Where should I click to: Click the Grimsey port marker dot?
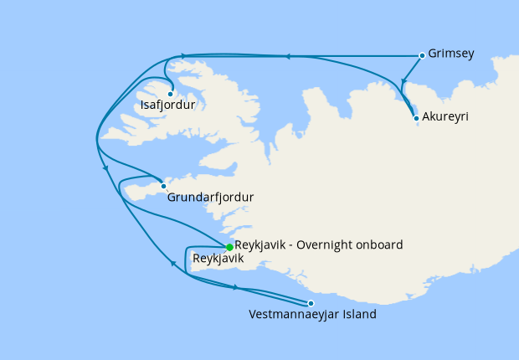[x=421, y=56]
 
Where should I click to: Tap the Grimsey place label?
[x=451, y=54]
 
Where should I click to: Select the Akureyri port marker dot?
[x=417, y=118]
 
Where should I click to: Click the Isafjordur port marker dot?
[x=170, y=94]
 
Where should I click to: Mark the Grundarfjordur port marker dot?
[x=163, y=186]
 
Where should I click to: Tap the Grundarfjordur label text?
[x=210, y=198]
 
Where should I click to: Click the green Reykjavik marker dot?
[x=229, y=246]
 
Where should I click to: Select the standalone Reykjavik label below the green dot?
[x=218, y=260]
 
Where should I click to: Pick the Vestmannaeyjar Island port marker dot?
[x=311, y=303]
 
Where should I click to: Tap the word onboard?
[x=379, y=244]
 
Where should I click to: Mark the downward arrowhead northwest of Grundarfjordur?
[x=106, y=170]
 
